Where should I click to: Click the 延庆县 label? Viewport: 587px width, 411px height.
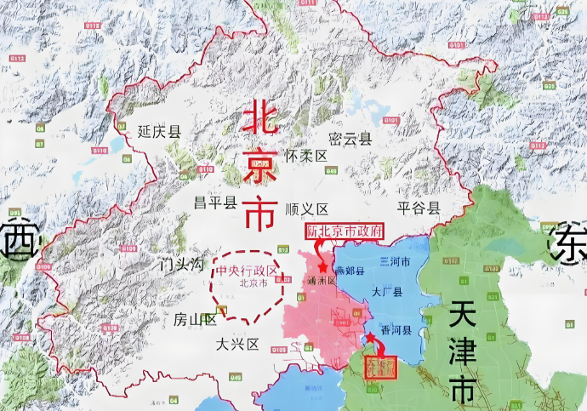(160, 132)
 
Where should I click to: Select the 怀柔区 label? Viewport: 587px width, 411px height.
(306, 157)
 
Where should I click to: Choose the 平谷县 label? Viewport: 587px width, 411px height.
(419, 208)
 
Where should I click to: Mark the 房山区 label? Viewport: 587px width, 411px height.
(196, 320)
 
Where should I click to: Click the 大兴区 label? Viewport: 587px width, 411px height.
(237, 345)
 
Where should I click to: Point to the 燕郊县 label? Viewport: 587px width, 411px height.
(349, 271)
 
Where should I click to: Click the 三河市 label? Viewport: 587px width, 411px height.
(394, 263)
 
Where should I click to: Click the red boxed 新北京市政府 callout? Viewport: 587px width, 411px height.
(345, 231)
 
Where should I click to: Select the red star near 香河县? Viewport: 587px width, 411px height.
(370, 338)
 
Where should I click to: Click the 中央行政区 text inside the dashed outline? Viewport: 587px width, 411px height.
(248, 271)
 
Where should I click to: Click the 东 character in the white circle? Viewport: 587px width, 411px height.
(567, 243)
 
